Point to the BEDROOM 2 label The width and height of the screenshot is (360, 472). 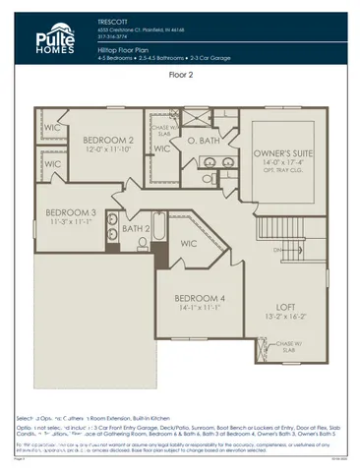click(108, 140)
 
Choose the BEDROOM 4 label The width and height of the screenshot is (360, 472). click(201, 298)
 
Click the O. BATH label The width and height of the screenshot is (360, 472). click(202, 140)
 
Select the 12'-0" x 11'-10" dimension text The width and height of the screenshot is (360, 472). click(108, 149)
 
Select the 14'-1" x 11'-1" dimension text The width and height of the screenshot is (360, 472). click(201, 309)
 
